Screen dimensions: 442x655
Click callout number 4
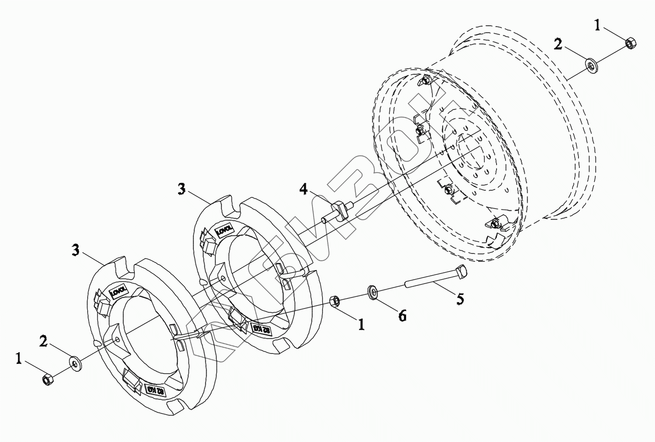[x=303, y=189]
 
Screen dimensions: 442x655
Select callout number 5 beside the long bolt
[x=459, y=299]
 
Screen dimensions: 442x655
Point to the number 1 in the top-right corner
[x=597, y=25]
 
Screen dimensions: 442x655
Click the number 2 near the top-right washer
[x=558, y=44]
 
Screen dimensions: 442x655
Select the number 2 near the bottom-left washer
[x=43, y=341]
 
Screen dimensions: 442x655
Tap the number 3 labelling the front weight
[x=76, y=250]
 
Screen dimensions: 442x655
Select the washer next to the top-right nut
[x=591, y=66]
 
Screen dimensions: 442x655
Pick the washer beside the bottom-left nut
[x=75, y=362]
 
